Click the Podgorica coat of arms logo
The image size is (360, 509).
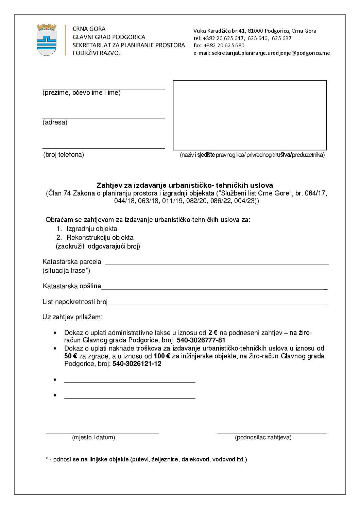pyautogui.click(x=47, y=40)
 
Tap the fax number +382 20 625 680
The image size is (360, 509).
pyautogui.click(x=224, y=46)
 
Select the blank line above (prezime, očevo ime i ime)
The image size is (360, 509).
pyautogui.click(x=103, y=88)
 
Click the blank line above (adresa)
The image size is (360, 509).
pyautogui.click(x=103, y=118)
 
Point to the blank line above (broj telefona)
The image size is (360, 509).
pyautogui.click(x=103, y=148)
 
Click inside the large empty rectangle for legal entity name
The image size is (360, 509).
pyautogui.click(x=250, y=115)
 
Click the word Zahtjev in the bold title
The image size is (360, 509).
pyautogui.click(x=107, y=185)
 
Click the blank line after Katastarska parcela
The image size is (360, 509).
pyautogui.click(x=217, y=264)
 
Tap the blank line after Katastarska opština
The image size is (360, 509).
pyautogui.click(x=214, y=288)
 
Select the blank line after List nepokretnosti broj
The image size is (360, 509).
pyautogui.click(x=218, y=304)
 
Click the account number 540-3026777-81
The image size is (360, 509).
pyautogui.click(x=201, y=340)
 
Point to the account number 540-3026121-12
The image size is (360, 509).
pyautogui.click(x=137, y=364)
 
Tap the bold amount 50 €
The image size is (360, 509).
pyautogui.click(x=71, y=356)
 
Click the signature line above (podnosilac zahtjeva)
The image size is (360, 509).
pyautogui.click(x=272, y=434)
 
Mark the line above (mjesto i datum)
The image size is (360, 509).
pyautogui.click(x=102, y=434)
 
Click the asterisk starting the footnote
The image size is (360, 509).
pyautogui.click(x=47, y=459)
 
